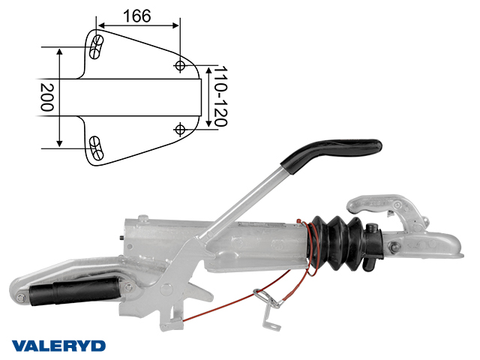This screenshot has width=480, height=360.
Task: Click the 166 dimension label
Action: [136, 16]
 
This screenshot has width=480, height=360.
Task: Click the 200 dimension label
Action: [46, 97]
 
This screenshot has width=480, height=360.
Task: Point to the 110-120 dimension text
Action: [220, 96]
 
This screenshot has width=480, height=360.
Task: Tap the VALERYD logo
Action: [58, 346]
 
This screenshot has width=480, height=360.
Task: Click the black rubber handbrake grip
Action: [331, 153]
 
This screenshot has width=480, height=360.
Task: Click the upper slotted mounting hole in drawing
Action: [96, 46]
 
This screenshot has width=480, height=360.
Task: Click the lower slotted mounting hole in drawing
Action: [96, 148]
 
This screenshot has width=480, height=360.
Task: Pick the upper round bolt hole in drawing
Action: [180, 65]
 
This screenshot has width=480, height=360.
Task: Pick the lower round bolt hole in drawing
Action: [180, 129]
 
